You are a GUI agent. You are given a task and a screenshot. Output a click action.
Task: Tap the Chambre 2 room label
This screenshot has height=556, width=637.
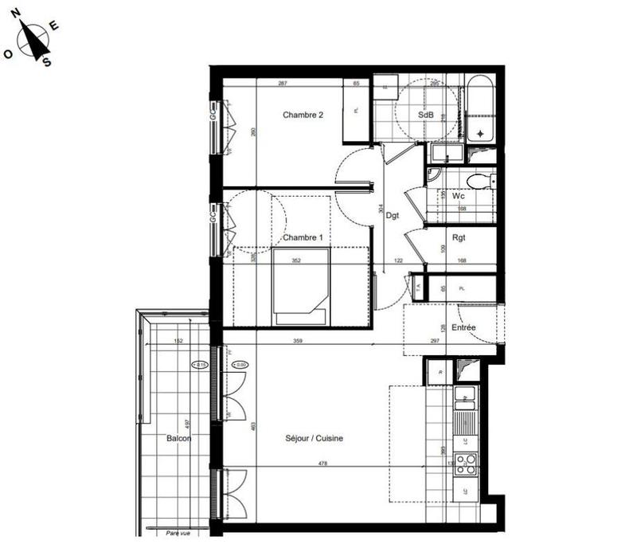pos(303,115)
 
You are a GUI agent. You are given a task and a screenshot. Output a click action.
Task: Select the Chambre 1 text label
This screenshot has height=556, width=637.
pos(303,237)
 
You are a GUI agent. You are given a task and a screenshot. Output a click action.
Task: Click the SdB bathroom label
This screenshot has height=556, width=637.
pos(426,115)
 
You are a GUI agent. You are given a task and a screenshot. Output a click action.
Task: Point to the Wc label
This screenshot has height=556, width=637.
pos(459,195)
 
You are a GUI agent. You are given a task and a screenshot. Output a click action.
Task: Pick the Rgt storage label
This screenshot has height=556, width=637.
pos(459,237)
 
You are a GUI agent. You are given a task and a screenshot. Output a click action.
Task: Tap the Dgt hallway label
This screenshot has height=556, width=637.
pos(393,215)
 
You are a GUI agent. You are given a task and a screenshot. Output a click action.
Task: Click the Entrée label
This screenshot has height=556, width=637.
pos(463,327)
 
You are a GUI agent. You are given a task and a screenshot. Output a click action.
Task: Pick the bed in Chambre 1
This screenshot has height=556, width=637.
pos(300,285)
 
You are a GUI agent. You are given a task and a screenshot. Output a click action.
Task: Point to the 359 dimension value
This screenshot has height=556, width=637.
pos(299,342)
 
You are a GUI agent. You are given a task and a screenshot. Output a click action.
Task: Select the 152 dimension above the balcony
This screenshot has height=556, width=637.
pos(179,342)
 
